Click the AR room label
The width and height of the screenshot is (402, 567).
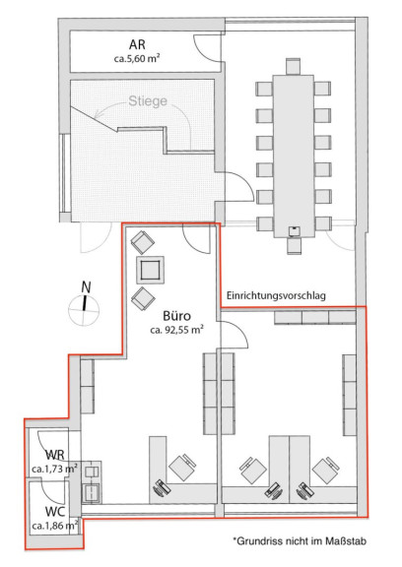[x=137, y=44]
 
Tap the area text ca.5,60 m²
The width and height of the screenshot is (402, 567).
[x=137, y=59]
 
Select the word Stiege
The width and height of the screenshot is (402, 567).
[x=148, y=100]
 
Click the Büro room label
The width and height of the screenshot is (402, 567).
[x=176, y=316]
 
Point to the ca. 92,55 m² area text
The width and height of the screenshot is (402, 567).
[x=176, y=330]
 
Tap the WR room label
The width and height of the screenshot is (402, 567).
[x=55, y=455]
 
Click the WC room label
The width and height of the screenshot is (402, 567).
[x=55, y=512]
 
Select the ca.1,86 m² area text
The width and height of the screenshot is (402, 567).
[x=55, y=526]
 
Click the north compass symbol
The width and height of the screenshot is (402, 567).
[x=84, y=310]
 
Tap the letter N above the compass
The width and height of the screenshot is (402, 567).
[x=86, y=287]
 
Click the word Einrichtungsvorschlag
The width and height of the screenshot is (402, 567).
[x=276, y=295]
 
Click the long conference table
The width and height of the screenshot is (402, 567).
[x=294, y=157]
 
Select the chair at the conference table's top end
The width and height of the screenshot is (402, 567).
[x=293, y=67]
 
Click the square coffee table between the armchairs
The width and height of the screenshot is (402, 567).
[x=150, y=270]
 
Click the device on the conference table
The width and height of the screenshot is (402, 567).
[x=294, y=230]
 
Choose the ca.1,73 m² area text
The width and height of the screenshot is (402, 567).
[x=55, y=469]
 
